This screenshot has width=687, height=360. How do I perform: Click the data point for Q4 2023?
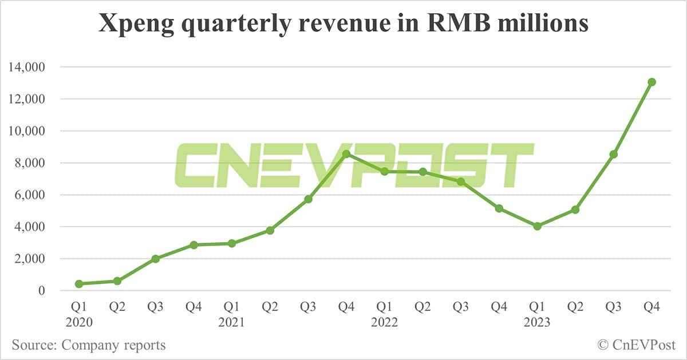tap(652, 82)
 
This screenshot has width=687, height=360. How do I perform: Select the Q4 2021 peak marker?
tap(346, 154)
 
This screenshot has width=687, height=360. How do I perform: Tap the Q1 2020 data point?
tap(79, 284)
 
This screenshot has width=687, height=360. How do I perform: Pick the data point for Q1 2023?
tap(537, 226)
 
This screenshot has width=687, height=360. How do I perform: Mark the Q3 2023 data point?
tap(613, 154)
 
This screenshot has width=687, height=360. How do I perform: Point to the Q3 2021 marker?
tap(308, 199)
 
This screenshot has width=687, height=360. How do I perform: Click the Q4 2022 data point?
tap(499, 208)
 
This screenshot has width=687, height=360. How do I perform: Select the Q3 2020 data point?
tap(155, 259)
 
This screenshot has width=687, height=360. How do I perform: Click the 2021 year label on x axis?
tap(232, 323)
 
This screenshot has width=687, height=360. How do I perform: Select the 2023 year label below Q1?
tap(537, 323)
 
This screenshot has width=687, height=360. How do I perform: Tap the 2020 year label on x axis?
tap(79, 323)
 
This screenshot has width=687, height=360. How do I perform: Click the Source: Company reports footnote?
tap(89, 345)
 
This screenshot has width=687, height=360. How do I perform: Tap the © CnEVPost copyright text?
tap(637, 345)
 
